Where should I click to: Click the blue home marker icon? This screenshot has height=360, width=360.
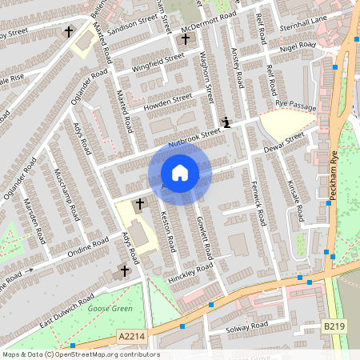point(180,173)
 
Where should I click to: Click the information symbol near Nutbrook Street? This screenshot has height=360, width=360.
point(227,122)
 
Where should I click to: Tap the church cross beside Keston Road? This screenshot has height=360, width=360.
point(140,204)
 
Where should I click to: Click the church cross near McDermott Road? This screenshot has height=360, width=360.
point(186,38)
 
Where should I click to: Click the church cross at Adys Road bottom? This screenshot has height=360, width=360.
point(124,272)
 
